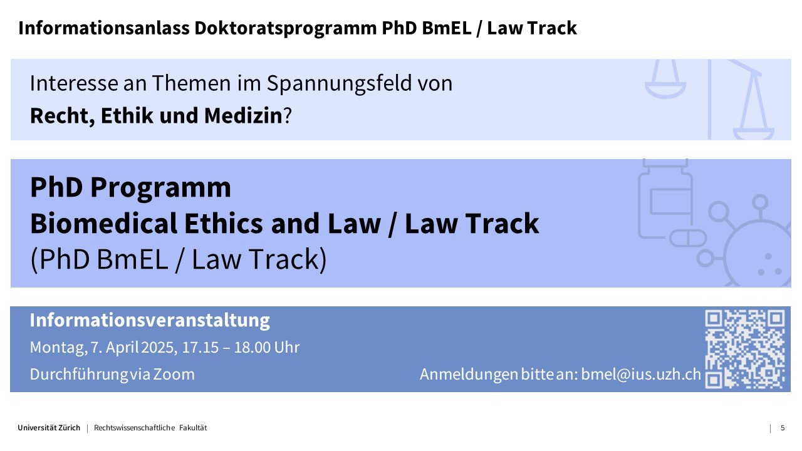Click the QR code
pos(745,350)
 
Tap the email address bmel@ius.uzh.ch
pos(641,374)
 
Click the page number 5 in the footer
pos(783,428)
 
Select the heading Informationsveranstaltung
pos(150,320)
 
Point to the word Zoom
pos(174,375)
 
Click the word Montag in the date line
pos(58,348)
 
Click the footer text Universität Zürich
pos(49,428)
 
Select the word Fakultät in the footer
pos(193,428)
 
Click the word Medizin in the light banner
pos(244,116)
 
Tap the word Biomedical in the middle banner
pos(104,224)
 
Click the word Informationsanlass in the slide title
pos(104,28)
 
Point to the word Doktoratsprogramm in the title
pos(285,29)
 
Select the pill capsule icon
pos(688,238)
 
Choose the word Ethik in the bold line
pos(127,116)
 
